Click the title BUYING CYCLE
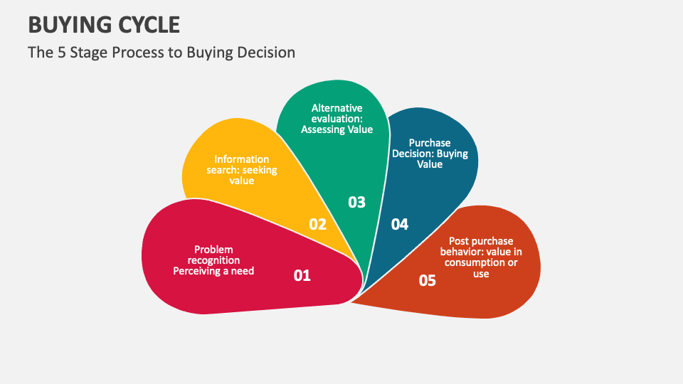[104, 25]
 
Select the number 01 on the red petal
[302, 275]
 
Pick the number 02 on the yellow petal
[317, 225]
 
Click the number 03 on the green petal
[356, 202]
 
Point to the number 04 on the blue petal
[400, 225]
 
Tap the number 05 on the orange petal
[427, 281]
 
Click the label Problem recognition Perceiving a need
[213, 260]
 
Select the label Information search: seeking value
[242, 170]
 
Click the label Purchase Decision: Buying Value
[430, 154]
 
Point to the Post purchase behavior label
[481, 257]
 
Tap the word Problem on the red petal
[213, 250]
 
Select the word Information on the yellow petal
[242, 159]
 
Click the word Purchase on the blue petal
[430, 143]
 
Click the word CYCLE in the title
[147, 25]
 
